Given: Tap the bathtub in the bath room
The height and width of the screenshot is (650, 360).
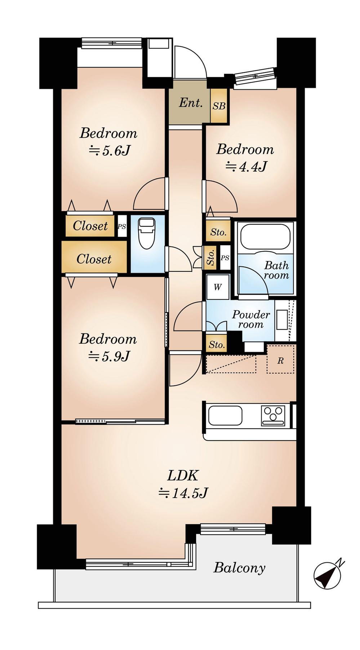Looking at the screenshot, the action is click(265, 238).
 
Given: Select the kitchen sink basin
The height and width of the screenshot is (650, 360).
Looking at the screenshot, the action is click(225, 416).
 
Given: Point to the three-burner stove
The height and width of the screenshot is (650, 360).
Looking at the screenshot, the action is click(274, 416).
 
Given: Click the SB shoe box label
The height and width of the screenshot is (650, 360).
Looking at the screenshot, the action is click(219, 106).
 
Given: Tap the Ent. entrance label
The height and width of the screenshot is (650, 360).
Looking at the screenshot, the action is click(191, 103).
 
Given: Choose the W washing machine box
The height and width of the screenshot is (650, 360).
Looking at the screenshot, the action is click(218, 287).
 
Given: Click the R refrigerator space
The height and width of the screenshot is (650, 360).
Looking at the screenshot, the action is click(280, 360).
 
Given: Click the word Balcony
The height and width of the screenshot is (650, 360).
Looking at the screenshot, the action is click(239, 568).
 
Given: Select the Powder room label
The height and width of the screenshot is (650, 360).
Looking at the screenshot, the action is click(251, 319).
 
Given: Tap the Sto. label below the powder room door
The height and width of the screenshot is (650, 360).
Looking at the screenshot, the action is click(217, 345).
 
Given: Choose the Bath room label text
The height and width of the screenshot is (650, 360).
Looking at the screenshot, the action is click(276, 270).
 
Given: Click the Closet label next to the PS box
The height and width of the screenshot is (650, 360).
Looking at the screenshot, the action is click(90, 226).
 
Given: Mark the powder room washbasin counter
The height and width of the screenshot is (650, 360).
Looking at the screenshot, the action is click(283, 319).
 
